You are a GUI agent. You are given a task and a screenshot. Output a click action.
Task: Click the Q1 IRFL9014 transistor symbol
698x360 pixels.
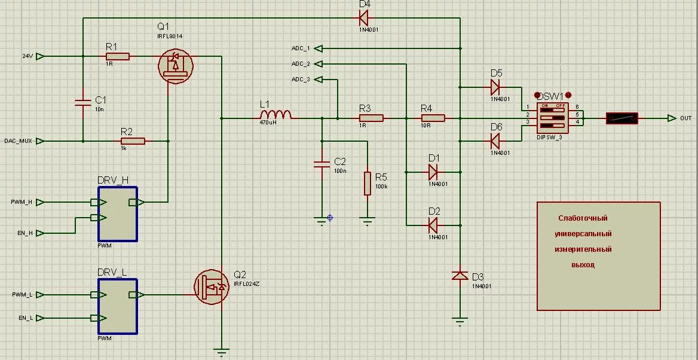point(176,66)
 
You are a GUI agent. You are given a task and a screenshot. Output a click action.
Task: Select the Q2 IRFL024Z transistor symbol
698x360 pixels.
point(212,286)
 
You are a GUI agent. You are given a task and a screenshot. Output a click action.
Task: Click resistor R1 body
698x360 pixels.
point(117,56)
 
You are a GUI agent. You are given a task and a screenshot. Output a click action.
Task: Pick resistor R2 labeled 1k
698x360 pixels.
point(133,141)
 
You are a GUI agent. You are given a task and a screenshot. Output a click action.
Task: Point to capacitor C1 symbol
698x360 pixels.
point(82,103)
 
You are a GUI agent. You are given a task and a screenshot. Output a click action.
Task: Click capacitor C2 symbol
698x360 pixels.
point(322,164)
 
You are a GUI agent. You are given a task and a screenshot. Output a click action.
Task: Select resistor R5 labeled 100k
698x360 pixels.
point(368,183)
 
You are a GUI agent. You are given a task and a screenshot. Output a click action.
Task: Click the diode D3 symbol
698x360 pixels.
point(460,275)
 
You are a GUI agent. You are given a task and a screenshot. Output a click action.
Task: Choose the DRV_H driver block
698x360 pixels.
point(118,214)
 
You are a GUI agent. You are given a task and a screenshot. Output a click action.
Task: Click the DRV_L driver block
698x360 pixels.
point(118,306)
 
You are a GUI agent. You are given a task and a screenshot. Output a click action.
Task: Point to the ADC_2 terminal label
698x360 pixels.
point(301,63)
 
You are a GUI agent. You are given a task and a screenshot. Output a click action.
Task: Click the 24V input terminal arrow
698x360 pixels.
point(40,56)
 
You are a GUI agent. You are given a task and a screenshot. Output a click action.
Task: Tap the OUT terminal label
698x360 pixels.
point(685,118)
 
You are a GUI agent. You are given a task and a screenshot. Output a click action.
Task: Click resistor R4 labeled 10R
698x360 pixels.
point(433,118)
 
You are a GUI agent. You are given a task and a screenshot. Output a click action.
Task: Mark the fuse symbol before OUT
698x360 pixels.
point(622,118)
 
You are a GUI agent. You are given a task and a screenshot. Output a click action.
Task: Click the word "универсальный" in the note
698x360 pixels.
point(583,234)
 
